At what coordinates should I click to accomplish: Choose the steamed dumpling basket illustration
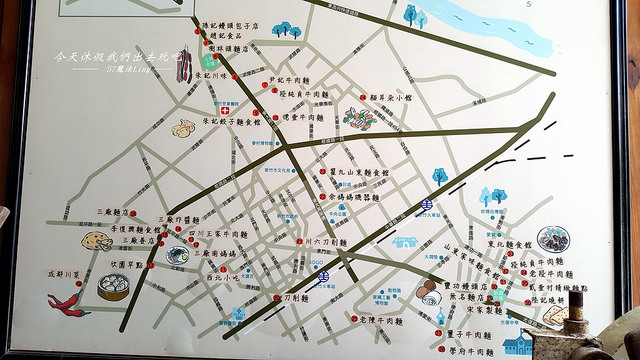113,287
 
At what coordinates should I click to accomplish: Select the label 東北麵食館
509,243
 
